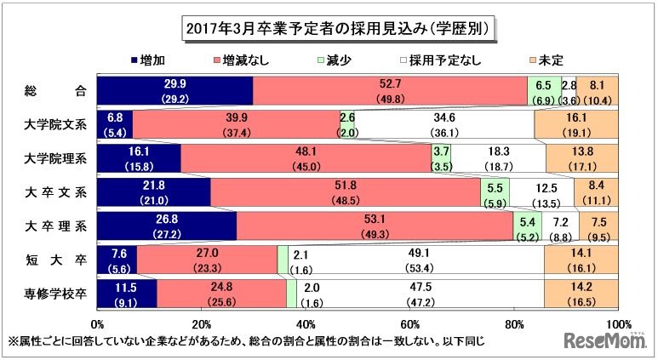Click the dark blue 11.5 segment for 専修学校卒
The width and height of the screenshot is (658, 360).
(x=127, y=294)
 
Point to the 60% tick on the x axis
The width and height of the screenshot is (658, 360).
(x=410, y=324)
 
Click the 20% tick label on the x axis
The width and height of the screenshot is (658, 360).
(x=202, y=324)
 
